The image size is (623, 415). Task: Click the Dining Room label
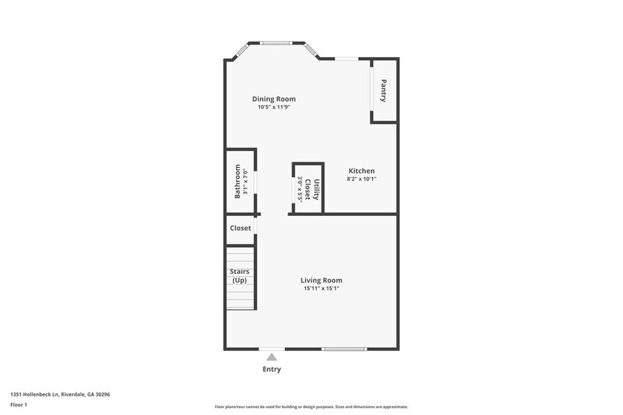[x=274, y=99]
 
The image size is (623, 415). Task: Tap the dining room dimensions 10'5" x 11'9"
[x=274, y=107]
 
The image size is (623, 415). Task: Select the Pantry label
[x=384, y=91]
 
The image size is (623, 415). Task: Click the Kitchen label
[x=361, y=171]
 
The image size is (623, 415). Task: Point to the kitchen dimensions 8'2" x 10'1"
[x=361, y=179]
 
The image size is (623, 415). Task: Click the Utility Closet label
[x=312, y=189]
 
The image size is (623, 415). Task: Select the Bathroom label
[x=237, y=181]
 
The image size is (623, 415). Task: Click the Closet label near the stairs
[x=240, y=228]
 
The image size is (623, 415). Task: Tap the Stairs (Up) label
[x=239, y=276]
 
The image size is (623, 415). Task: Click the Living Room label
[x=321, y=280]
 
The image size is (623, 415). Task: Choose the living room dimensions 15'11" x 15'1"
[x=321, y=289]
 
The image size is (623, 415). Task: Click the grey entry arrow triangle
[x=272, y=357]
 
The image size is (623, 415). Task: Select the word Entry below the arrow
[x=272, y=369]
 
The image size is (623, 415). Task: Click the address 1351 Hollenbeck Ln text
[x=60, y=395]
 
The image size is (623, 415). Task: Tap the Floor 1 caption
[x=18, y=404]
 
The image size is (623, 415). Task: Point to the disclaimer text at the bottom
[x=311, y=407]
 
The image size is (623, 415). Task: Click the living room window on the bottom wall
[x=344, y=349]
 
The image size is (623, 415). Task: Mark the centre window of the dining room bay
[x=276, y=43]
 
